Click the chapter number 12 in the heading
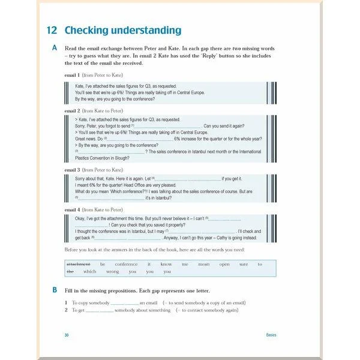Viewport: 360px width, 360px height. tap(53, 30)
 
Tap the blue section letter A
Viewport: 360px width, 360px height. tap(55, 47)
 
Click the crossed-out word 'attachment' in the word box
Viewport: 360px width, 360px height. tap(78, 264)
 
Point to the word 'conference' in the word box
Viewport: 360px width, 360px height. tap(126, 264)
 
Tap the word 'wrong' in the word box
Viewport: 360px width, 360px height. tap(113, 271)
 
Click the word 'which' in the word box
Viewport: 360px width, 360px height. tap(90, 271)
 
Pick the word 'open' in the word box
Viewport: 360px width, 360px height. tap(224, 264)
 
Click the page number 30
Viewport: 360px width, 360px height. tap(67, 335)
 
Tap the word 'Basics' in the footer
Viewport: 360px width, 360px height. tap(271, 335)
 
